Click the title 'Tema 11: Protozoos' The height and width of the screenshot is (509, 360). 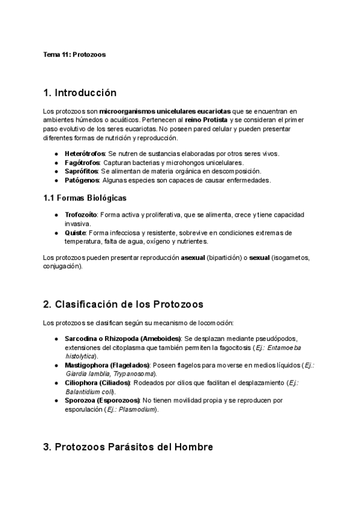tap(74, 55)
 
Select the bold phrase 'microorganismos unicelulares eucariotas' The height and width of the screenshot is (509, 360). tap(164, 112)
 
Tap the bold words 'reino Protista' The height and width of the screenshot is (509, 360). tap(205, 121)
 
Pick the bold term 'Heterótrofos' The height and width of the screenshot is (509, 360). tap(85, 154)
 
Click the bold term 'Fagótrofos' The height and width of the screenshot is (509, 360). tap(82, 163)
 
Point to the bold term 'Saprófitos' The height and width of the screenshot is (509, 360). tap(82, 171)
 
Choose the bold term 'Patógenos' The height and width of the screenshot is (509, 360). tap(82, 180)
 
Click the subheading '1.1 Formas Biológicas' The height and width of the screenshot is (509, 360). tap(85, 198)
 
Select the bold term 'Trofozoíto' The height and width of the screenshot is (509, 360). tap(81, 214)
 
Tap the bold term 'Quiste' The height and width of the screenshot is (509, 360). tap(76, 232)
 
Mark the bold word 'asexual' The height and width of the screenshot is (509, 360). tap(193, 258)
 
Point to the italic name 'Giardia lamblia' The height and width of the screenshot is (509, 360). tap(83, 374)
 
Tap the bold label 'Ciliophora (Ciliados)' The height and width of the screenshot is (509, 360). tap(97, 382)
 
